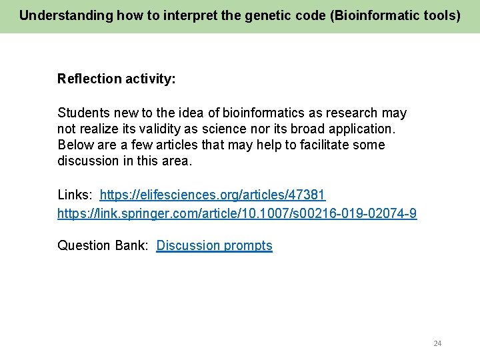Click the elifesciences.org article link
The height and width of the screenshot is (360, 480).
[212, 195]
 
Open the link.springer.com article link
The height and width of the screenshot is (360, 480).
[237, 213]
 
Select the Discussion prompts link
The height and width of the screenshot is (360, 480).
[214, 245]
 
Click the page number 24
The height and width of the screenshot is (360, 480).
[437, 343]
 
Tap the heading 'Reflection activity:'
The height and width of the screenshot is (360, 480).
[117, 79]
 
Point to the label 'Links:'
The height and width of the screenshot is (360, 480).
[75, 195]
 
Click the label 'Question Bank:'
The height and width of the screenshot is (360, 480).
[103, 245]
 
